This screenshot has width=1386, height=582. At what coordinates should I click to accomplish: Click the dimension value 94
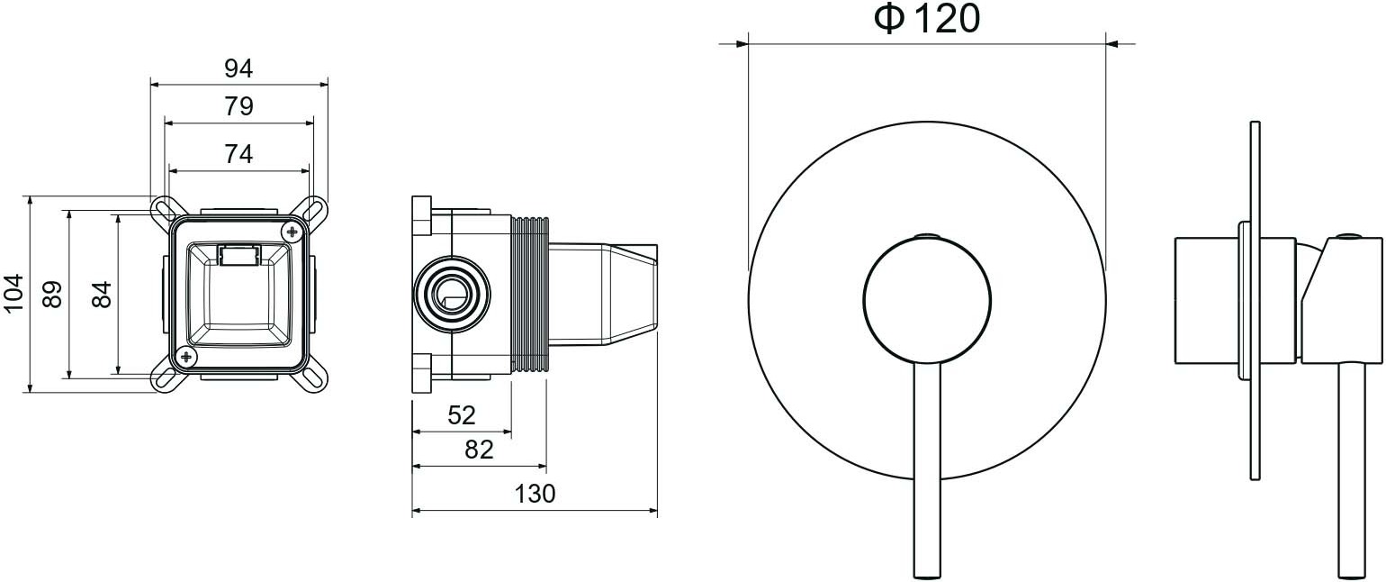click(x=238, y=68)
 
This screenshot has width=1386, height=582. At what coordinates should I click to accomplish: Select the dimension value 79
click(x=238, y=106)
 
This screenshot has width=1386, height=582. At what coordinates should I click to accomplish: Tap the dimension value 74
click(x=238, y=154)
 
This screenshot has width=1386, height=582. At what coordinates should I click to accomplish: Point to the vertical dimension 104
click(x=13, y=294)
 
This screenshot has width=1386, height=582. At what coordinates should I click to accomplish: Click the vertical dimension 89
click(x=52, y=295)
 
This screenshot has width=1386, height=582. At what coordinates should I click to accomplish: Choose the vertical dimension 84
click(x=102, y=295)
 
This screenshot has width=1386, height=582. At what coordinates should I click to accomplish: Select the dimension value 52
click(x=461, y=415)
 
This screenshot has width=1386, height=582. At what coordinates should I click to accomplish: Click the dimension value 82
click(x=479, y=450)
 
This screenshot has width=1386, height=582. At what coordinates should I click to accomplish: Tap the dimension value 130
click(x=535, y=494)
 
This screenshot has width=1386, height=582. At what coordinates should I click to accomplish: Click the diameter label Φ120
click(x=927, y=19)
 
